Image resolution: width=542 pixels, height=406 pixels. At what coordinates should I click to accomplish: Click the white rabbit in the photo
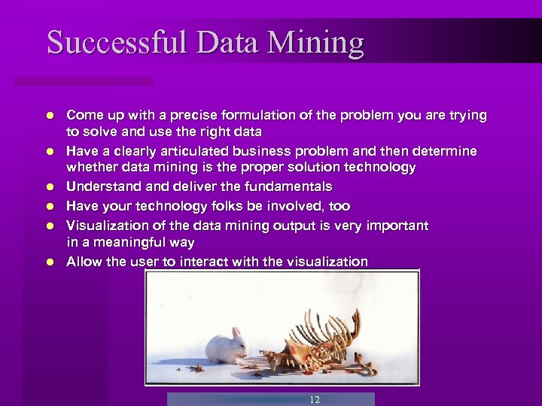click(x=228, y=346)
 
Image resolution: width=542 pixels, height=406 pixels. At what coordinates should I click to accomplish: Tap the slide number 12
click(x=315, y=400)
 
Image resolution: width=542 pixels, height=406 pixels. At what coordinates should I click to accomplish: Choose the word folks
click(x=225, y=206)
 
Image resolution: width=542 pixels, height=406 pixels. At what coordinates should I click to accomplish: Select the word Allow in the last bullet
click(x=84, y=262)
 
